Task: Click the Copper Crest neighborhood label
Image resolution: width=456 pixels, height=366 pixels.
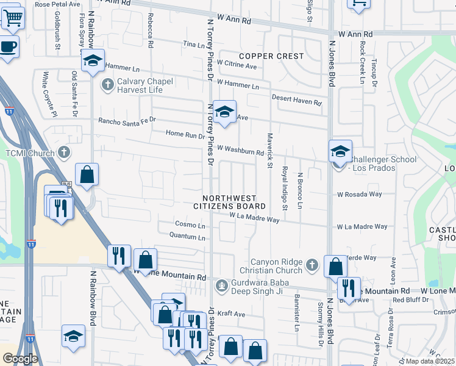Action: pos(271,56)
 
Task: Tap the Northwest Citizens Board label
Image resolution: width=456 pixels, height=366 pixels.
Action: pos(235,203)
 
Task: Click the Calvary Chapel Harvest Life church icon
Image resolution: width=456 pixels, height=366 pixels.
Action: pos(108,84)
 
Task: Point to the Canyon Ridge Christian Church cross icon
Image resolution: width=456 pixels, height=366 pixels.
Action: pos(312,265)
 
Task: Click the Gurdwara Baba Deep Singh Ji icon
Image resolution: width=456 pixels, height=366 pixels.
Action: pos(221,284)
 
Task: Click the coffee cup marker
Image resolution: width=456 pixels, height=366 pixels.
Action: pos(8,47)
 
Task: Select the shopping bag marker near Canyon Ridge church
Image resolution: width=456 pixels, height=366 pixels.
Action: pos(335,267)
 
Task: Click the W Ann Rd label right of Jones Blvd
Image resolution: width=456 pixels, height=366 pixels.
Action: pos(355,34)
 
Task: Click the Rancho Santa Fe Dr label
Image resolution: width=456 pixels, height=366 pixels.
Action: pos(127,121)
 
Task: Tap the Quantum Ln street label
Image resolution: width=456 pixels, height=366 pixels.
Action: pos(187,236)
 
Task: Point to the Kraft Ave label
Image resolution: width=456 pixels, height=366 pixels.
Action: pos(232,315)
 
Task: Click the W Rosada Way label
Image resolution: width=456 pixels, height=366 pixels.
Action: pos(360,195)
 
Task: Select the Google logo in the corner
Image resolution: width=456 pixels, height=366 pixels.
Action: pos(20,359)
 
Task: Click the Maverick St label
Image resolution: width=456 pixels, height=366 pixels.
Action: pos(269,151)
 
